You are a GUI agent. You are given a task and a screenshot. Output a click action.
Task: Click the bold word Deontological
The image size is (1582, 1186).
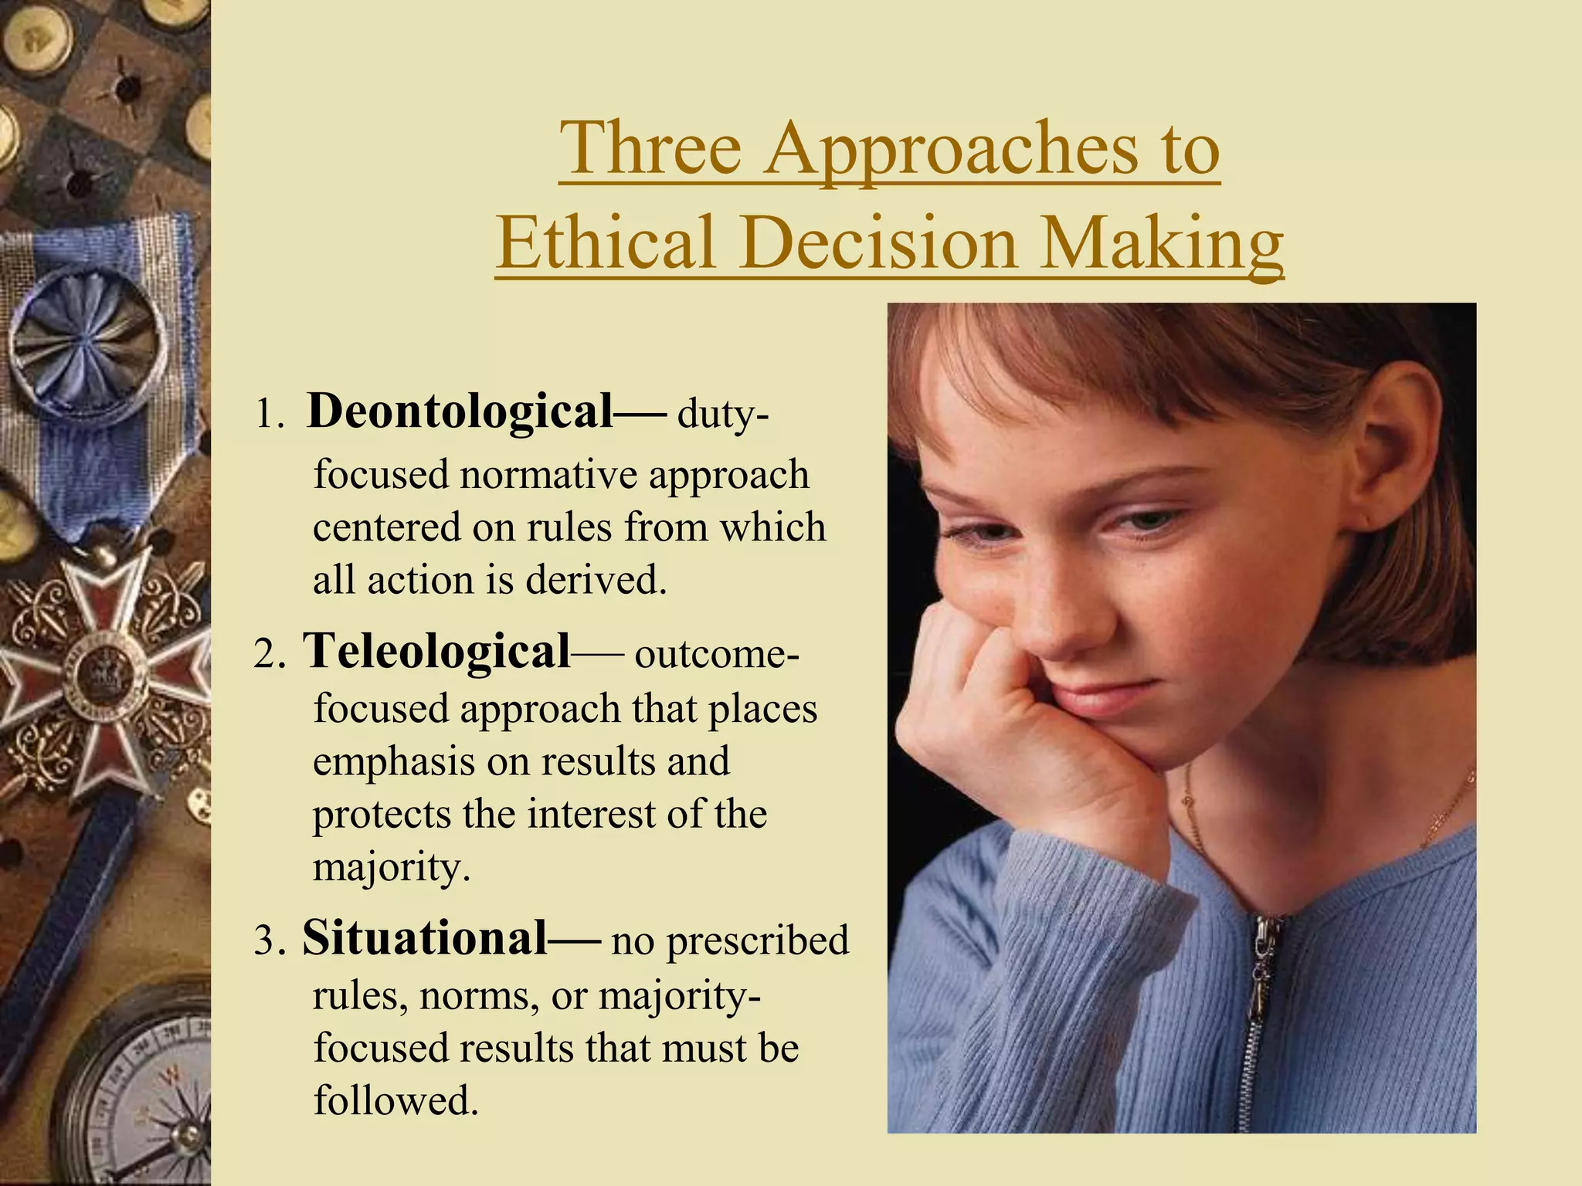(x=460, y=411)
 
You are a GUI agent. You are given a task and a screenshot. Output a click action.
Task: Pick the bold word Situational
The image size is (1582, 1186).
(x=425, y=938)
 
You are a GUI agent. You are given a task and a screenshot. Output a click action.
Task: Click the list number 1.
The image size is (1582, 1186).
(x=268, y=415)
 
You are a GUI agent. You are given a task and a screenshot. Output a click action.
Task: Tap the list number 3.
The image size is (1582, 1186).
(x=269, y=942)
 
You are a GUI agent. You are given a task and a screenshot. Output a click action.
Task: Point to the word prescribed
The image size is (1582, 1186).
(x=757, y=942)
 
